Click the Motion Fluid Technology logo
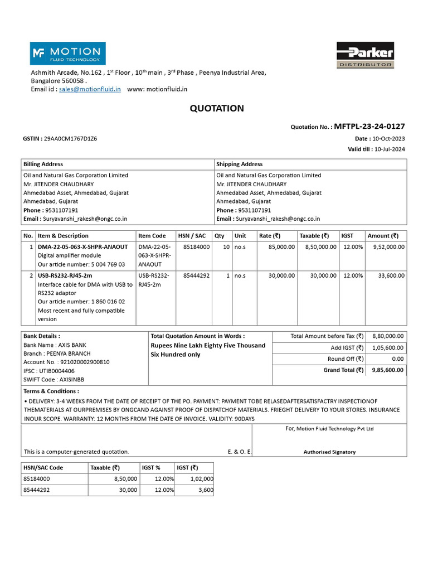pyautogui.click(x=67, y=54)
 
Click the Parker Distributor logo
pyautogui.click(x=365, y=55)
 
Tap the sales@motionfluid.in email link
pyautogui.click(x=90, y=89)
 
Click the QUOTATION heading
pyautogui.click(x=217, y=108)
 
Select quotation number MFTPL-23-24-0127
pyautogui.click(x=369, y=127)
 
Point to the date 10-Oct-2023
pyautogui.click(x=389, y=138)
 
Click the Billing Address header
pyautogui.click(x=43, y=164)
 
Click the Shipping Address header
pyautogui.click(x=239, y=164)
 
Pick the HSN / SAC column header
pyautogui.click(x=190, y=236)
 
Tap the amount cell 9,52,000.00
pyautogui.click(x=386, y=246)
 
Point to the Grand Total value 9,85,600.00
pyautogui.click(x=388, y=370)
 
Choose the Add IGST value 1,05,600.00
pyautogui.click(x=388, y=348)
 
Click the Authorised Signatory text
pyautogui.click(x=329, y=452)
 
